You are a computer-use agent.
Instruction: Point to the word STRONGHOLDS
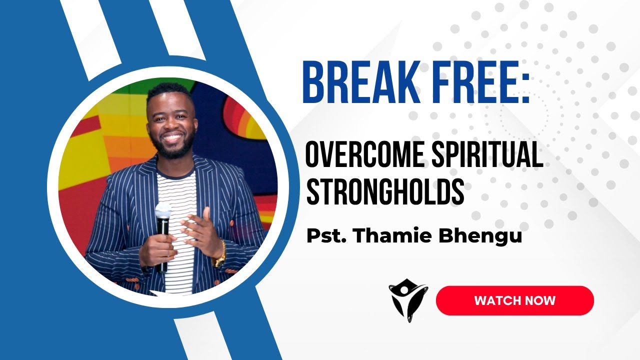[385, 192]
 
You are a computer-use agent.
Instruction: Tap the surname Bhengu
[479, 235]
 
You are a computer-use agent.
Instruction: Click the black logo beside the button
[408, 300]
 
